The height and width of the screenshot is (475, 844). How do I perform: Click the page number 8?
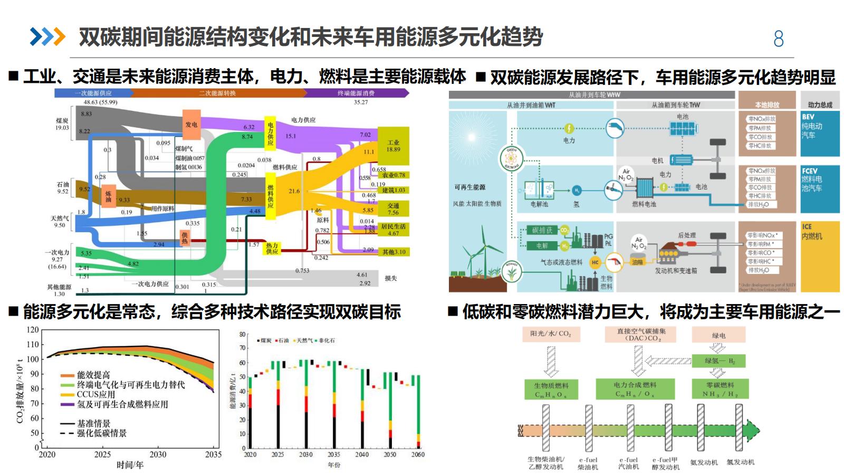point(778,39)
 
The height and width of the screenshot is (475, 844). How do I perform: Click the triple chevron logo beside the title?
point(47,36)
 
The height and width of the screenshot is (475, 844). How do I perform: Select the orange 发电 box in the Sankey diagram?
point(191,125)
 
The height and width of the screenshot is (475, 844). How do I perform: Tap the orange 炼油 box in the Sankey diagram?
point(109,196)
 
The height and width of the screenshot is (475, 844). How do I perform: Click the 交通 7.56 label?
point(393,209)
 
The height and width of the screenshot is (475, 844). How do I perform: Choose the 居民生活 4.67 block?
point(394,230)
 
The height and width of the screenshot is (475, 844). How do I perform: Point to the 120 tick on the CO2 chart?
point(33,330)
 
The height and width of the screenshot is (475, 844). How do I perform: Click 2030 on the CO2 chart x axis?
point(158,454)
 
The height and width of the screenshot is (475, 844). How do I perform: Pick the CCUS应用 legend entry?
point(95,395)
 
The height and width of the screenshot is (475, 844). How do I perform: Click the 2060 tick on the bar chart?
point(417,454)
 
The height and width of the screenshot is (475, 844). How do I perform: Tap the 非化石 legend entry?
point(325,340)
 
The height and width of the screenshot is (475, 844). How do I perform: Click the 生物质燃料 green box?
point(551,389)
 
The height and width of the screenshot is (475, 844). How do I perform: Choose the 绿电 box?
point(718,335)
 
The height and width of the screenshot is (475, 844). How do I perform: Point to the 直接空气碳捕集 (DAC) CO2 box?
point(641,335)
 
